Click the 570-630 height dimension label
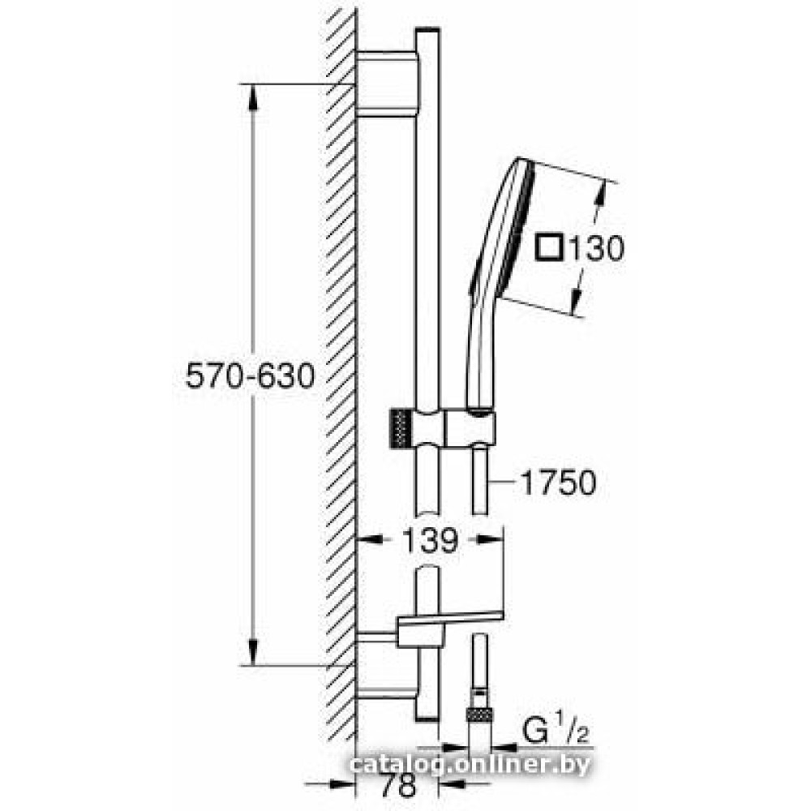pyautogui.click(x=250, y=376)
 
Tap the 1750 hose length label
pyautogui.click(x=558, y=483)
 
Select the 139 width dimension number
pyautogui.click(x=430, y=540)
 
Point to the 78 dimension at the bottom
pyautogui.click(x=398, y=786)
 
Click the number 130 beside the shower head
pyautogui.click(x=596, y=249)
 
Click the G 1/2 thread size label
pyautogui.click(x=556, y=730)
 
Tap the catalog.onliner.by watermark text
pyautogui.click(x=469, y=764)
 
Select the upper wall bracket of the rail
pyautogui.click(x=388, y=84)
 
